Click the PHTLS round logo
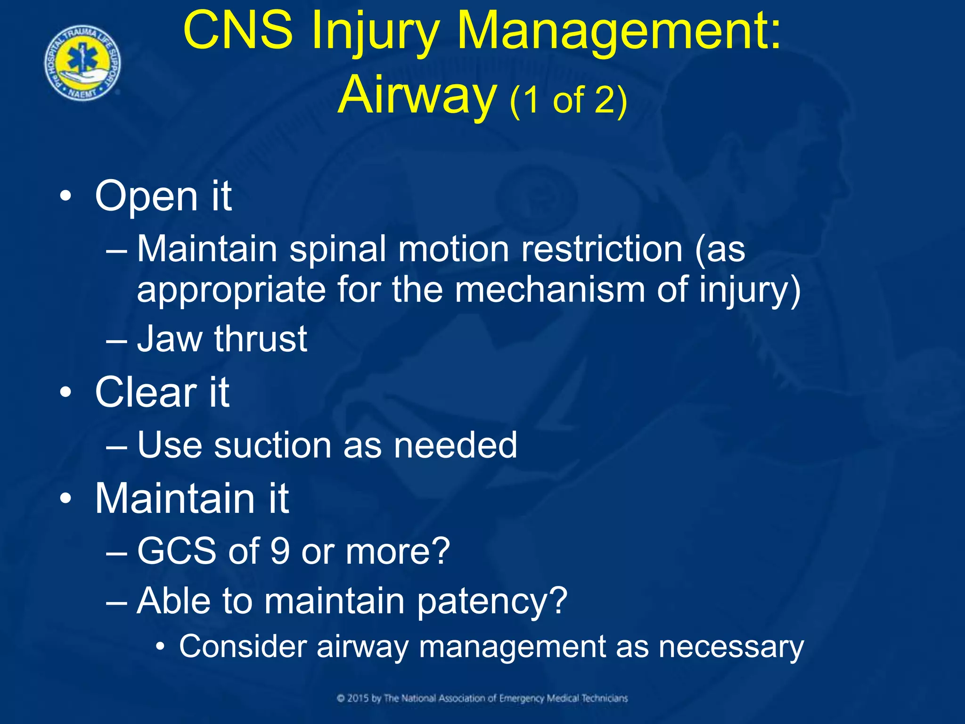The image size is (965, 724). click(x=83, y=63)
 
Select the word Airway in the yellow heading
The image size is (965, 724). click(x=417, y=96)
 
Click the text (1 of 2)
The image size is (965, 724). click(x=568, y=100)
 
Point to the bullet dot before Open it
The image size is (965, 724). click(x=66, y=196)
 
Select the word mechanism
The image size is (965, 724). click(x=550, y=289)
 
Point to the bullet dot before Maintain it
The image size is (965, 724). click(x=66, y=498)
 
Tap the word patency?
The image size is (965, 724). click(x=492, y=601)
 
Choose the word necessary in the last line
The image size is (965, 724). click(x=731, y=647)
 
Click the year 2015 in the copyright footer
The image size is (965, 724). click(x=358, y=698)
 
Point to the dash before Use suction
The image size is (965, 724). click(x=116, y=446)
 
